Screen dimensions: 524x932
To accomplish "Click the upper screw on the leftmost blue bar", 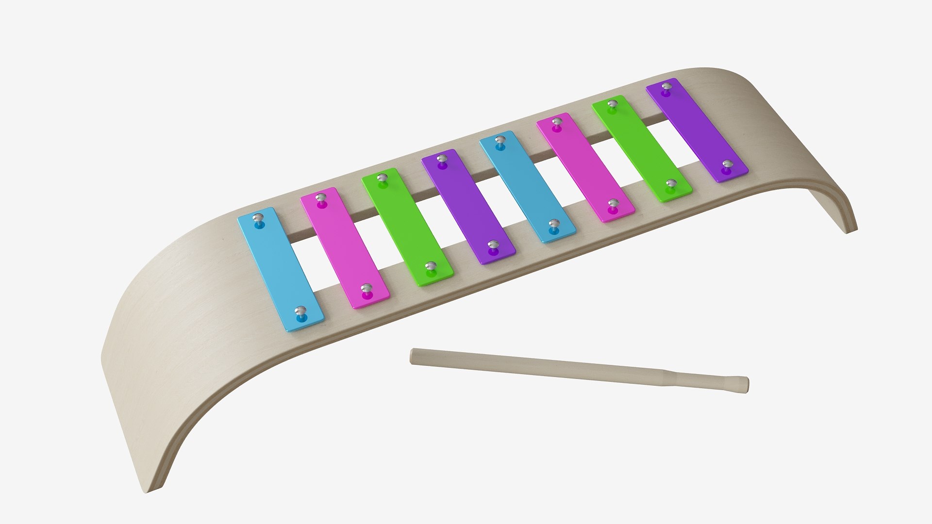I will (x=259, y=218).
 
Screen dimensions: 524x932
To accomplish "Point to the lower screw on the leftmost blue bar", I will (x=301, y=311).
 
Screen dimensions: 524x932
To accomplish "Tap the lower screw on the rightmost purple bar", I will (x=727, y=164).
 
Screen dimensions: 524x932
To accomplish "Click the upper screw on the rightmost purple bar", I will (x=667, y=87).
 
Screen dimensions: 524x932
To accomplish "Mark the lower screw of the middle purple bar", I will (x=493, y=245).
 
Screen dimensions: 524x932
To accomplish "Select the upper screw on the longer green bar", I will (x=383, y=178).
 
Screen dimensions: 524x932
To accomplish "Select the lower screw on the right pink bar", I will (x=613, y=203).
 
